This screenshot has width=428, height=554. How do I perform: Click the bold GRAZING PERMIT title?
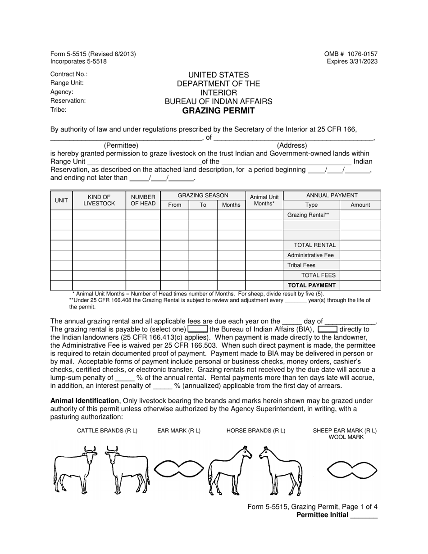(x=218, y=111)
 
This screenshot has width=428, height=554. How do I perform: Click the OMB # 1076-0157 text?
(x=351, y=54)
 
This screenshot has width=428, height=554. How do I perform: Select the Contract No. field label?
(x=69, y=74)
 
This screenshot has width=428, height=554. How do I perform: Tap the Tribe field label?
(x=59, y=109)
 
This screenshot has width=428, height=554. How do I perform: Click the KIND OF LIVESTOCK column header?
(x=99, y=200)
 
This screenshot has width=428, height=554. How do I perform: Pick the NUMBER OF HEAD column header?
(x=143, y=200)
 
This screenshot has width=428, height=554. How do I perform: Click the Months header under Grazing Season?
(x=231, y=205)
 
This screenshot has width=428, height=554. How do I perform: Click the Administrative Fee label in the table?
(x=310, y=255)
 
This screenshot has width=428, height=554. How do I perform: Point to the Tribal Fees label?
(x=301, y=265)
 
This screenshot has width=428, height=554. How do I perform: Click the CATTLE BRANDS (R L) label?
(x=107, y=431)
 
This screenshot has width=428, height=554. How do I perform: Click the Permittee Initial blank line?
(x=364, y=516)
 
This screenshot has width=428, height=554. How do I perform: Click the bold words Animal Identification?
(x=84, y=400)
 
